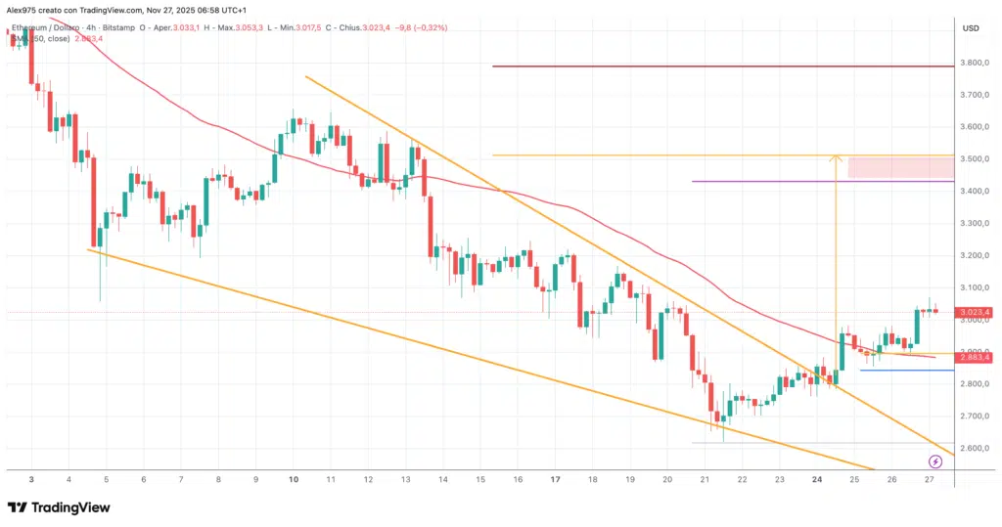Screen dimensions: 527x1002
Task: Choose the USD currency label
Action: pyautogui.click(x=971, y=27)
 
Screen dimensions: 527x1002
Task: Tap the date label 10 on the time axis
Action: pyautogui.click(x=294, y=479)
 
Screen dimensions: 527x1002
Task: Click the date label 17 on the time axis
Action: pyautogui.click(x=555, y=479)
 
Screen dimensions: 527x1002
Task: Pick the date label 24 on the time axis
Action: pyautogui.click(x=817, y=479)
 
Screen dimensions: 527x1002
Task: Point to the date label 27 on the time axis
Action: pyautogui.click(x=929, y=479)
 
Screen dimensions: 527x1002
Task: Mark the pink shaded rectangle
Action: pyautogui.click(x=900, y=167)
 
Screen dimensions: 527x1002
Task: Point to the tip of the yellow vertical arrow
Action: pyautogui.click(x=836, y=156)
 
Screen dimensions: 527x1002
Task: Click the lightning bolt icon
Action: pyautogui.click(x=935, y=460)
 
